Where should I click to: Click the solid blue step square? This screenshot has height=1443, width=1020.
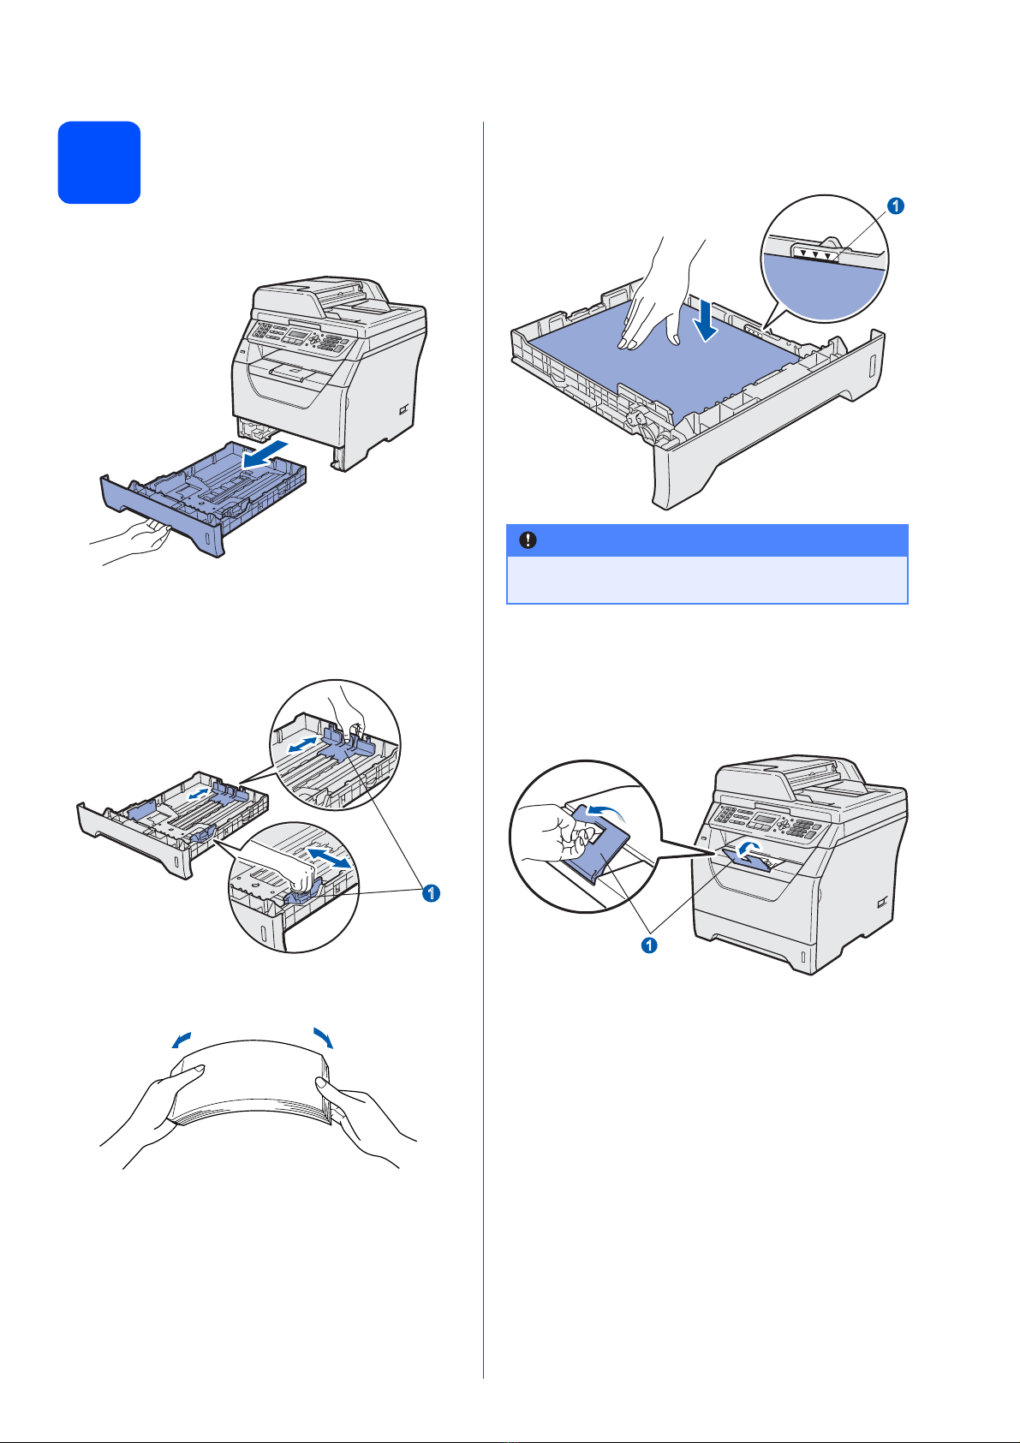[99, 163]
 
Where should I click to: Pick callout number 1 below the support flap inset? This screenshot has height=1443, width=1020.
[650, 945]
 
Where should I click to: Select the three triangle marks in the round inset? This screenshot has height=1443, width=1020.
[814, 253]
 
